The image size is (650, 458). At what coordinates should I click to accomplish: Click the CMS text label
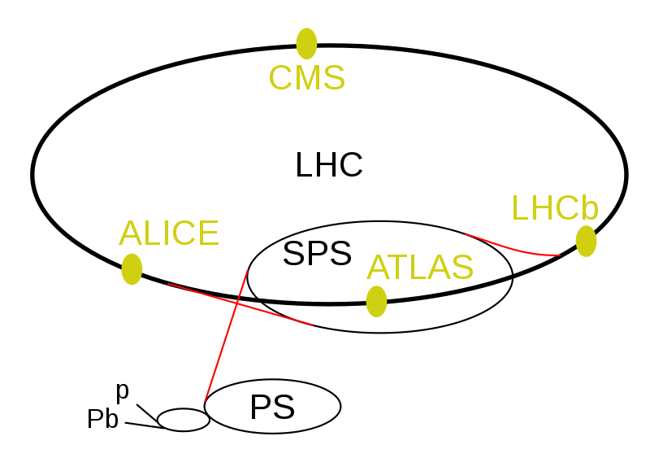pos(307,77)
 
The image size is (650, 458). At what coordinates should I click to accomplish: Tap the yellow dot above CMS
pos(307,44)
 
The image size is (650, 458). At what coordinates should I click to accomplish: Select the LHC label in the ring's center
pos(329,165)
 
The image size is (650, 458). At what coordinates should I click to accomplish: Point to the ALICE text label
pos(169,233)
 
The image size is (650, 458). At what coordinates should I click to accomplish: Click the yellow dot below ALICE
pos(132,269)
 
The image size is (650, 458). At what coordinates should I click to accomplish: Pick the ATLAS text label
pos(420,267)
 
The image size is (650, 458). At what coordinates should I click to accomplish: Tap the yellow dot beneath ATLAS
pos(376,302)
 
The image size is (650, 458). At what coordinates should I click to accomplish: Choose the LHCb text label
pos(556,207)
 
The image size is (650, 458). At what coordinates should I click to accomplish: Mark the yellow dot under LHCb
pos(586,242)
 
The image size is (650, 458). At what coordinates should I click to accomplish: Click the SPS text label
pos(317,253)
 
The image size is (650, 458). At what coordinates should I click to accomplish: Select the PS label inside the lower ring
pos(272,408)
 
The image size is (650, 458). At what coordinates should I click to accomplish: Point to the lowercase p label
pos(123,391)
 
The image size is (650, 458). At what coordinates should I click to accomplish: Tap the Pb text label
pos(103,419)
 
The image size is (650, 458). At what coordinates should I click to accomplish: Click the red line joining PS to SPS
pos(226,336)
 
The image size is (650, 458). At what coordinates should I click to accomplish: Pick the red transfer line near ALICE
pos(239,304)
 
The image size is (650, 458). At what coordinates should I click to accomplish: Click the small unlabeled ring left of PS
pos(184,420)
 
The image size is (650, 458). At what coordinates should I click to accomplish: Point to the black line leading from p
pos(147,412)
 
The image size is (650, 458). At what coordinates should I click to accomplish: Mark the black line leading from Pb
pos(145,425)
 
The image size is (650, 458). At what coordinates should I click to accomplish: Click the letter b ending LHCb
pos(591,207)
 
